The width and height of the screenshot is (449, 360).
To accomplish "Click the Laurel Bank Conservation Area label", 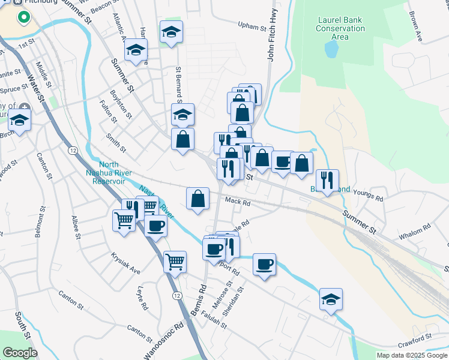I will point(340,28).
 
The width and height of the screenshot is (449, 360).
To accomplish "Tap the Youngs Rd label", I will point(369,194).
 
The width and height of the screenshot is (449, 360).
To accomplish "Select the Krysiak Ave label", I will point(125,262).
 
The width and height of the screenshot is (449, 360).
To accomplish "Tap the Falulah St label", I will point(214,320).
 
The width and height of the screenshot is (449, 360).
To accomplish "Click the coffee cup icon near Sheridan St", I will point(264,263).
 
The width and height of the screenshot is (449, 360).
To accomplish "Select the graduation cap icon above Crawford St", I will point(331,299).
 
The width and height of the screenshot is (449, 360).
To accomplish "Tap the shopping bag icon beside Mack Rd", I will point(197,198).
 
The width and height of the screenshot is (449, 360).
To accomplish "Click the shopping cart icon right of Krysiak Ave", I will point(174,261).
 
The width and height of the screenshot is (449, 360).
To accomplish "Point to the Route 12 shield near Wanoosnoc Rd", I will point(176,296).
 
